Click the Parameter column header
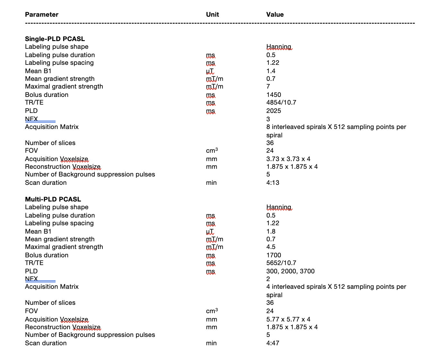point(42,14)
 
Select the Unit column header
point(213,14)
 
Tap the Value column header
point(275,14)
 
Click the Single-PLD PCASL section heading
point(55,39)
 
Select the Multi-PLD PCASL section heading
point(53,199)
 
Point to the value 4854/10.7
point(281,102)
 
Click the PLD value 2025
point(273,111)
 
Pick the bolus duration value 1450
point(273,95)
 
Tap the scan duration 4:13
point(273,183)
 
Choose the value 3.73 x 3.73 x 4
point(288,159)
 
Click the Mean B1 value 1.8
point(271,231)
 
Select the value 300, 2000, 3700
point(291,271)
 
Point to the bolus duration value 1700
point(273,255)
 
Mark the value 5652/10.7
point(281,263)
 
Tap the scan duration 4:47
point(273,343)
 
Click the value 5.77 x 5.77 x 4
point(288,319)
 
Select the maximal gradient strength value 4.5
point(271,247)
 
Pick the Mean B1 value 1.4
point(271,71)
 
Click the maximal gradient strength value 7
point(268,86)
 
